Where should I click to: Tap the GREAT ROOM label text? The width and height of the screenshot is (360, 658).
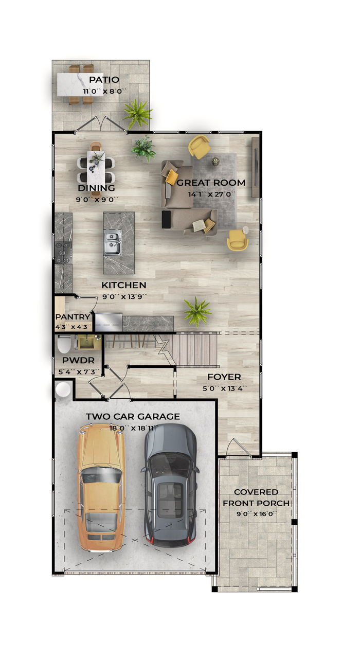[211, 183]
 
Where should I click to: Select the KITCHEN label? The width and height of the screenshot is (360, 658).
[124, 285]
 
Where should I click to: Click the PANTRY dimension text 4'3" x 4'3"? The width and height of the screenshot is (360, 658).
[74, 327]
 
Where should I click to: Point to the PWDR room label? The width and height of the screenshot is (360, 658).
[78, 360]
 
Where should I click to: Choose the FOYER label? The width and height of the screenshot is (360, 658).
[224, 377]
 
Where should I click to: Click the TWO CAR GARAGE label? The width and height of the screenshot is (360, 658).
[133, 417]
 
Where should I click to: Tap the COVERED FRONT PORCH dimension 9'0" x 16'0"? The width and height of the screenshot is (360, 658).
[256, 514]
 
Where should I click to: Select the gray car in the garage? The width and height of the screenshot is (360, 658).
[170, 485]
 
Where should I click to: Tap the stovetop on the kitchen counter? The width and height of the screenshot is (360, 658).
[63, 253]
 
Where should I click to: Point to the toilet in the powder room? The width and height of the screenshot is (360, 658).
[64, 344]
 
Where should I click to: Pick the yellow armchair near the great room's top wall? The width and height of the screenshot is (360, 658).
[199, 146]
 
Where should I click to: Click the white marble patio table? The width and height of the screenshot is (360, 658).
[76, 84]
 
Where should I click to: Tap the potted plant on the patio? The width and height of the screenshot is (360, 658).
[137, 114]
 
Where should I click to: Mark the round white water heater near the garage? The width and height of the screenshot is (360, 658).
[63, 390]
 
